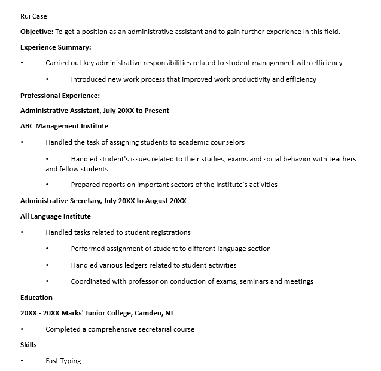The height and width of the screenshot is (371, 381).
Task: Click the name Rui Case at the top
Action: pyautogui.click(x=33, y=16)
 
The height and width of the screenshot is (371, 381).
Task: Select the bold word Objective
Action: pyautogui.click(x=36, y=32)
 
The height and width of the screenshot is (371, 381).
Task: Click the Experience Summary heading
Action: pyautogui.click(x=56, y=47)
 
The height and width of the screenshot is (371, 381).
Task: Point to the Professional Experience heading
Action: pyautogui.click(x=60, y=95)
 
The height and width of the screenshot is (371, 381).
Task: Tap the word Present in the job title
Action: pyautogui.click(x=156, y=111)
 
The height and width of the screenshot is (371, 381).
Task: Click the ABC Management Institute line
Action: pyautogui.click(x=64, y=126)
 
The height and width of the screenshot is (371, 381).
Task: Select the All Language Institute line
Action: pyautogui.click(x=56, y=216)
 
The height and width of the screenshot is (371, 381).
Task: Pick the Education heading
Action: pyautogui.click(x=36, y=298)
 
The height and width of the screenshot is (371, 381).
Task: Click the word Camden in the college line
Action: pyautogui.click(x=148, y=313)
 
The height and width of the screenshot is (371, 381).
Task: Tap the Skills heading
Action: pyautogui.click(x=29, y=345)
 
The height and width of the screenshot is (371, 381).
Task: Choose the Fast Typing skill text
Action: pyautogui.click(x=63, y=361)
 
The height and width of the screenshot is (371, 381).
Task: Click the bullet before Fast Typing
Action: pyautogui.click(x=22, y=361)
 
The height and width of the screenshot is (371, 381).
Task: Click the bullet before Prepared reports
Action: pyautogui.click(x=47, y=185)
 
